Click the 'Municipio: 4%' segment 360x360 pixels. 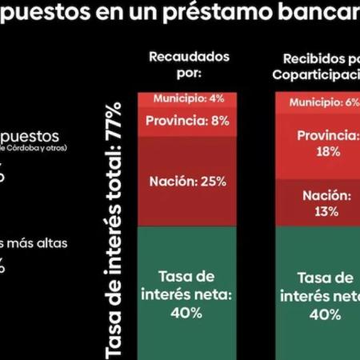pyautogui.click(x=189, y=99)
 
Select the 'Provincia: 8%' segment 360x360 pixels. pyautogui.click(x=189, y=122)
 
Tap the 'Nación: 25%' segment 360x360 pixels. pyautogui.click(x=189, y=181)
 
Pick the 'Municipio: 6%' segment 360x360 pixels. pyautogui.click(x=318, y=102)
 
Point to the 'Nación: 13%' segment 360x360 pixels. pyautogui.click(x=318, y=203)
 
